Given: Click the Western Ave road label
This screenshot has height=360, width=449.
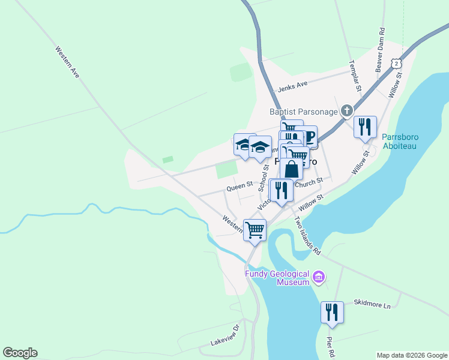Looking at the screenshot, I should tap(67, 62).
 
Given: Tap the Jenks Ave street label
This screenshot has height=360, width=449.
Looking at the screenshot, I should tap(292, 87).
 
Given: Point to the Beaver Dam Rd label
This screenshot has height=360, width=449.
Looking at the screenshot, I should tap(380, 50).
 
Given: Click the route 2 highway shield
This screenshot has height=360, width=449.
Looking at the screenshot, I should tap(396, 63).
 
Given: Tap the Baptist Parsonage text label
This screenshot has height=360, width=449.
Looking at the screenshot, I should tap(303, 111).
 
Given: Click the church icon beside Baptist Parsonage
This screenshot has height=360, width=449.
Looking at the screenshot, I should tap(346, 110).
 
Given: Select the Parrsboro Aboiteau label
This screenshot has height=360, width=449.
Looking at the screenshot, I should tap(400, 141).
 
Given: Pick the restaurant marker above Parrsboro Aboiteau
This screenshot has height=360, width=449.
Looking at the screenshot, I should tap(365, 127).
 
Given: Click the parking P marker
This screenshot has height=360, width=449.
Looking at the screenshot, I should tap(310, 137).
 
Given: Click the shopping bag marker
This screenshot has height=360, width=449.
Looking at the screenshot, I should tap(291, 169).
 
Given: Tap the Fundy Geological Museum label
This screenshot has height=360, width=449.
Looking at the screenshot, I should tap(276, 278).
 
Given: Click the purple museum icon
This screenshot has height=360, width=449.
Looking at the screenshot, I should tap(319, 277).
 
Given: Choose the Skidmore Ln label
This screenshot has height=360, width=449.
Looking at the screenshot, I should tap(372, 305).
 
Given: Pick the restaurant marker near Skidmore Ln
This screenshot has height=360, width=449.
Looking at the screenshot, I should tap(332, 313).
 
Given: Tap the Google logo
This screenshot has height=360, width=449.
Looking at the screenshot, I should tap(20, 353).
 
